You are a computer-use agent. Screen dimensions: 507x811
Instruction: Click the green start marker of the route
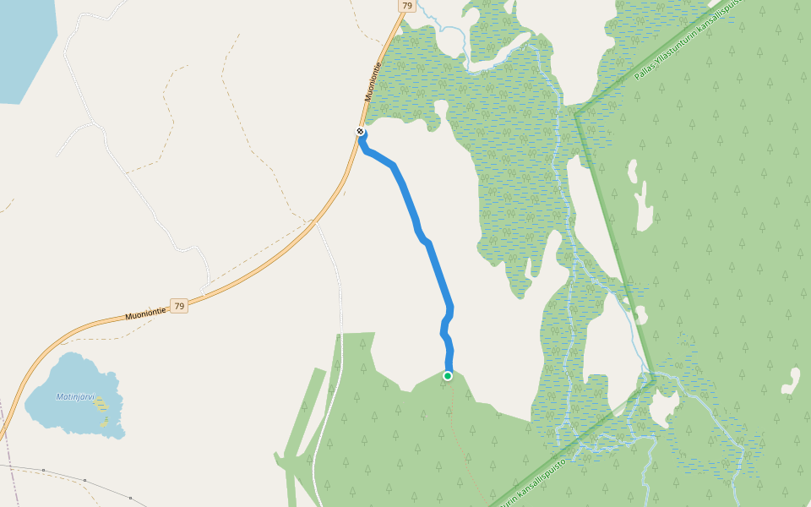[448, 376]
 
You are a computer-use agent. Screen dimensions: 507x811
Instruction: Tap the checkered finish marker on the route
[361, 132]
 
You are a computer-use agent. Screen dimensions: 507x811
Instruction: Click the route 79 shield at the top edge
[407, 6]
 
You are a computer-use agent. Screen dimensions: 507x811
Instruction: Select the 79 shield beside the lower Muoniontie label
[178, 306]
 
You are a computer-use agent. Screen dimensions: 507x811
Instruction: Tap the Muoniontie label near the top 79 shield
[373, 82]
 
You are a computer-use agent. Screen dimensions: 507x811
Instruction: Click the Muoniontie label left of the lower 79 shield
[145, 313]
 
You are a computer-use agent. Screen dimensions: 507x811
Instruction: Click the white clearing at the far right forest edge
[792, 381]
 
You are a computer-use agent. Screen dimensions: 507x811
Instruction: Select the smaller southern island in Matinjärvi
[103, 422]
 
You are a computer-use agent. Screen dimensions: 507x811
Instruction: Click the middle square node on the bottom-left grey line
[84, 480]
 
